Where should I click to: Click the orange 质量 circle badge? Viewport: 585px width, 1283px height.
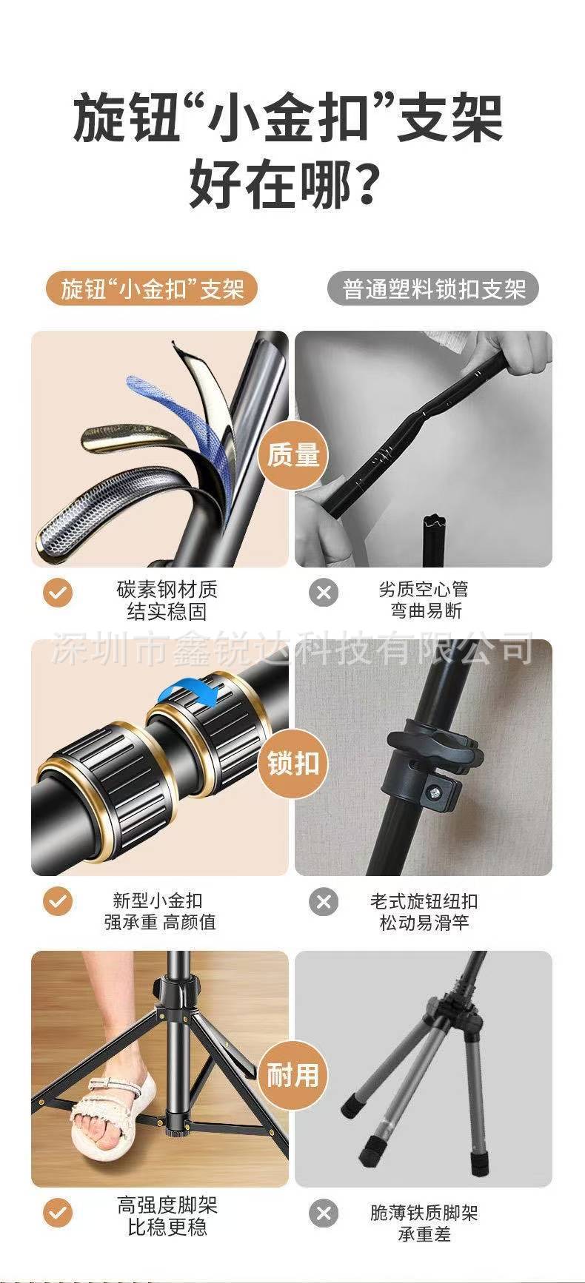click(292, 454)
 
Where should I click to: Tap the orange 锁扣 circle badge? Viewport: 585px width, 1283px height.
click(292, 763)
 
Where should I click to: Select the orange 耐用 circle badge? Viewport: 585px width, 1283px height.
click(292, 1074)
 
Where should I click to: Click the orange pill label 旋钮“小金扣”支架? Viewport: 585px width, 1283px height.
click(152, 289)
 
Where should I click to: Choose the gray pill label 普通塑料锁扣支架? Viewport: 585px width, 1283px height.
click(434, 289)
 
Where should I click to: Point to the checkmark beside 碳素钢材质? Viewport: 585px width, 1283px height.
click(58, 592)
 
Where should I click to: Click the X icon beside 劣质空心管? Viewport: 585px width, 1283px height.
click(324, 592)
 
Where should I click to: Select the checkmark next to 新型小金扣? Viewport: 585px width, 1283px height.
click(58, 902)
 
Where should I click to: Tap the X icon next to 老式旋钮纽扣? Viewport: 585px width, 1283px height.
click(324, 902)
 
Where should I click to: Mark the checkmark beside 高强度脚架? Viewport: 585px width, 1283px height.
click(58, 1213)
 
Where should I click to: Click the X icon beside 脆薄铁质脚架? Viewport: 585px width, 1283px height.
click(324, 1213)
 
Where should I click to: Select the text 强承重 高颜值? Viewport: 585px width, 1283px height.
click(160, 923)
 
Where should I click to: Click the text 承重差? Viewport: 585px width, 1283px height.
click(424, 1234)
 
